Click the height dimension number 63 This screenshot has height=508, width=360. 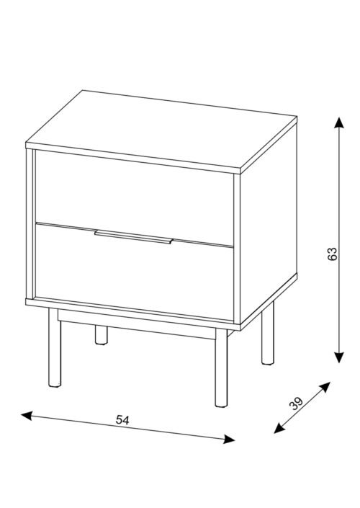pos(332,254)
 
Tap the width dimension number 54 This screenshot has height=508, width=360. pos(122,420)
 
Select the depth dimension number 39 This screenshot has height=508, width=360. pos(296,404)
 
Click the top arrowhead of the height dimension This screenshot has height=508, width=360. pos(339,122)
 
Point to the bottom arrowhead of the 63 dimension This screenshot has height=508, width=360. pos(339,357)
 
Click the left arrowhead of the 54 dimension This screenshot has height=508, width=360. pos(26,416)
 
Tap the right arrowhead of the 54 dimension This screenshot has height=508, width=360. pos(229,439)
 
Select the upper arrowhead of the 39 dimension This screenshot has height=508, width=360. pos(325,387)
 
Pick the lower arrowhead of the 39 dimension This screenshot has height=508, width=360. pos(279,428)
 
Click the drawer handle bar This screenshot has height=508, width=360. pos(134,236)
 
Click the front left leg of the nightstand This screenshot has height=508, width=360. pos(55,347)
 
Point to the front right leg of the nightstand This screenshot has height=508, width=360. pos(221,367)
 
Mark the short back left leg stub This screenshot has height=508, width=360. pos(102,334)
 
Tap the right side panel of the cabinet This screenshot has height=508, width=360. pos(269,223)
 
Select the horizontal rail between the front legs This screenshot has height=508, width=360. pos(137,324)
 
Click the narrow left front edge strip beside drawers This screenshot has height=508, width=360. pos(30,223)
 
